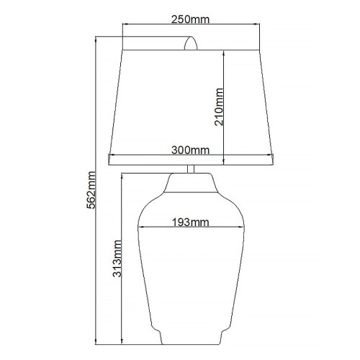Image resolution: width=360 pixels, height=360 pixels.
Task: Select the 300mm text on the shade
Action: point(191,150)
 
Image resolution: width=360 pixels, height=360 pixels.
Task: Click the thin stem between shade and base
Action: point(191,170)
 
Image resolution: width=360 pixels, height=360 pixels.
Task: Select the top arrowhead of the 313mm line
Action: point(124,177)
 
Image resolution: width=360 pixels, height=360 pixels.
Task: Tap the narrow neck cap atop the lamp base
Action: point(191,185)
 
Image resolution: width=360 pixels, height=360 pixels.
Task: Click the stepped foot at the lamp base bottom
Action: point(191,333)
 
